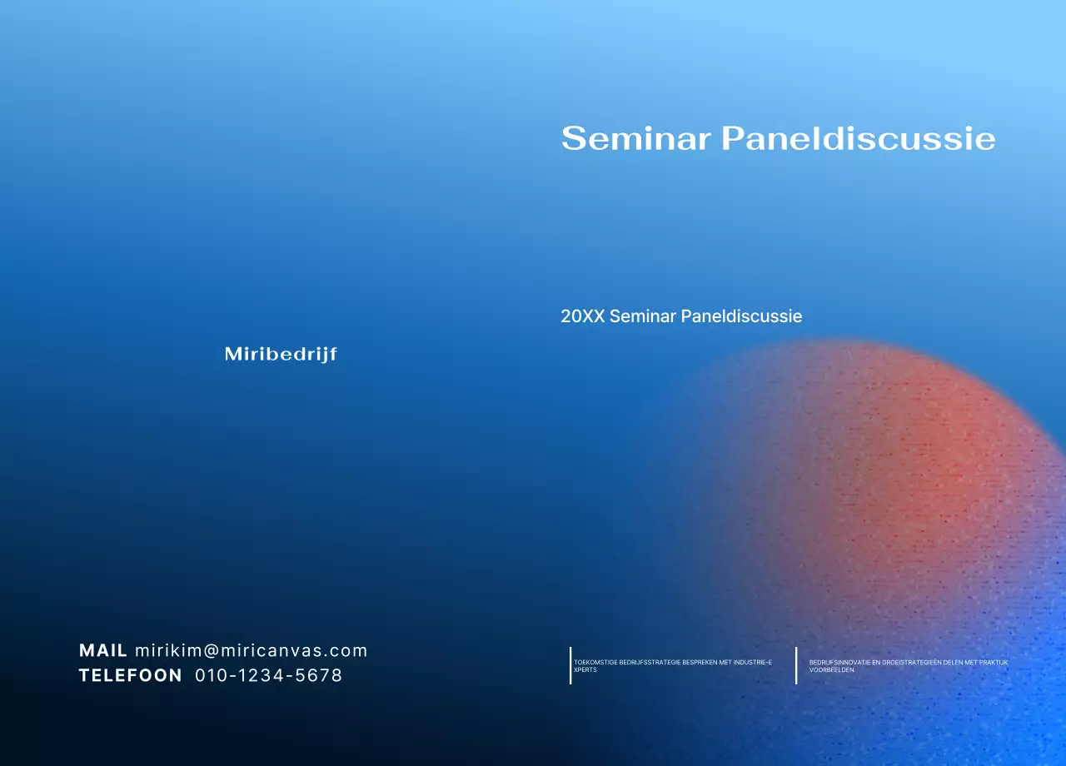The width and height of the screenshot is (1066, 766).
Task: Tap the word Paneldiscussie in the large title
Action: pyautogui.click(x=858, y=138)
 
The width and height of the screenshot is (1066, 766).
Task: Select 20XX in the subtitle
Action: pyautogui.click(x=582, y=316)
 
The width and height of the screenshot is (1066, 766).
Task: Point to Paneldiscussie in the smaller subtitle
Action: pyautogui.click(x=741, y=316)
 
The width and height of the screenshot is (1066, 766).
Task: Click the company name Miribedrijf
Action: pyautogui.click(x=281, y=355)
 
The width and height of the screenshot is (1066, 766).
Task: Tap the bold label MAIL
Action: pyautogui.click(x=103, y=651)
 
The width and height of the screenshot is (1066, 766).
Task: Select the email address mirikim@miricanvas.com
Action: pyautogui.click(x=252, y=651)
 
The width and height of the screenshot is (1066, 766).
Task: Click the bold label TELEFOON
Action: pyautogui.click(x=131, y=676)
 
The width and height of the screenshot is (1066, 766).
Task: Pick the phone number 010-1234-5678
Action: pyautogui.click(x=269, y=676)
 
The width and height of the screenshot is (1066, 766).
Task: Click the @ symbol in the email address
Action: pyautogui.click(x=212, y=651)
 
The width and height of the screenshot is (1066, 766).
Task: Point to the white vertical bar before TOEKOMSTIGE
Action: pyautogui.click(x=570, y=665)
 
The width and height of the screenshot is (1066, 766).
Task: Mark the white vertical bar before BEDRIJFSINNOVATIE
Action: pyautogui.click(x=796, y=665)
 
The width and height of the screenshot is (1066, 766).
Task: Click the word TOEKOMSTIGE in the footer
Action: pyautogui.click(x=595, y=663)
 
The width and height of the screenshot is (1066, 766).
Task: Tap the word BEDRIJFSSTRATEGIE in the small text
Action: pyautogui.click(x=650, y=663)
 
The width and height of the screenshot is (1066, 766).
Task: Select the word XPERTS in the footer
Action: pyautogui.click(x=585, y=670)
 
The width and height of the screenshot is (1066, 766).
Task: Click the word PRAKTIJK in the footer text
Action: pyautogui.click(x=994, y=663)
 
